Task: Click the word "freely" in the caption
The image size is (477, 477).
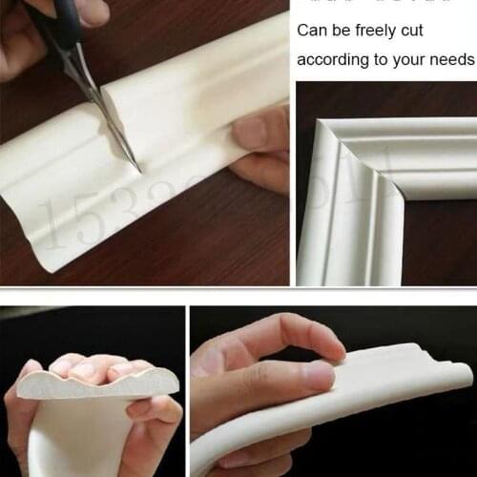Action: pos(370,31)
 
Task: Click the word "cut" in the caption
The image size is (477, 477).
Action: pos(411,31)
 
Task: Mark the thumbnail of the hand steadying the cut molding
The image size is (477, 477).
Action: pos(250,132)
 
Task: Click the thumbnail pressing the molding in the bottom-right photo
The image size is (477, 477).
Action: pos(320,374)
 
